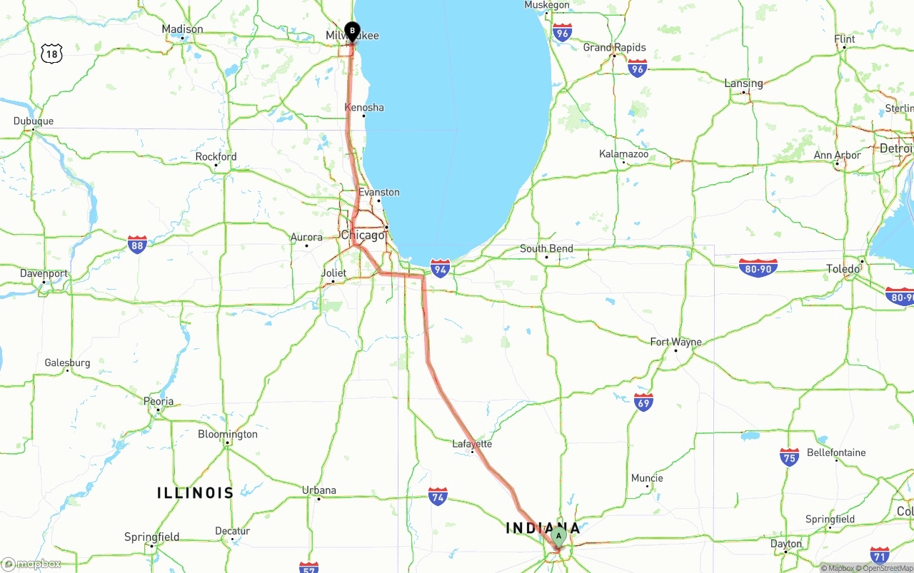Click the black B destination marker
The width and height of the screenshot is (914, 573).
pyautogui.click(x=352, y=31)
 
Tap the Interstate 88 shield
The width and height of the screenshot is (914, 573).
pyautogui.click(x=138, y=245)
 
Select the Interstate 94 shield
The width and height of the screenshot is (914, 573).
pyautogui.click(x=441, y=268)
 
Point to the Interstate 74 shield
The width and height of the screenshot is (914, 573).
pyautogui.click(x=438, y=497)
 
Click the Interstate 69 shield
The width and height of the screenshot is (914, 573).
pyautogui.click(x=643, y=402)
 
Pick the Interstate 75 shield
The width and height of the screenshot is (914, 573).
pyautogui.click(x=789, y=457)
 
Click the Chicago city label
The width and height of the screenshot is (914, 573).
pyautogui.click(x=363, y=235)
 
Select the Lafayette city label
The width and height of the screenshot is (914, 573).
pyautogui.click(x=472, y=444)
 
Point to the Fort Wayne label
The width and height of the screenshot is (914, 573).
pyautogui.click(x=676, y=342)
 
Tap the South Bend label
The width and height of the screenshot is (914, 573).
pyautogui.click(x=546, y=248)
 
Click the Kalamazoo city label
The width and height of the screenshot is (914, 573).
pyautogui.click(x=623, y=153)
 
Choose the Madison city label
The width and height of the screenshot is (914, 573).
pyautogui.click(x=182, y=29)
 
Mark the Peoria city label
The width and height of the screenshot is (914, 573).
pyautogui.click(x=159, y=401)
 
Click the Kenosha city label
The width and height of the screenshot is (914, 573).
pyautogui.click(x=364, y=108)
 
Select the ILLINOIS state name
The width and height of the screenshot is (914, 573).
pyautogui.click(x=196, y=492)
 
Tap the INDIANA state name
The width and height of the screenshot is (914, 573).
pyautogui.click(x=543, y=528)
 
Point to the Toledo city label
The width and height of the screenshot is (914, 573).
pyautogui.click(x=843, y=269)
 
